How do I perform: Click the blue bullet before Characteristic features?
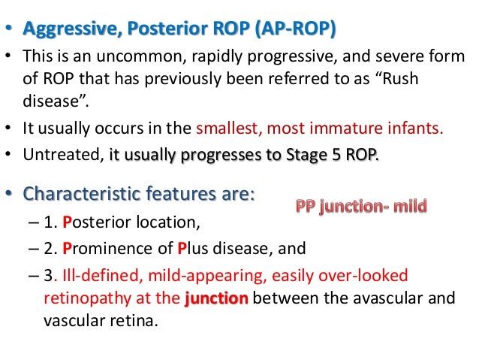click(x=10, y=194)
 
